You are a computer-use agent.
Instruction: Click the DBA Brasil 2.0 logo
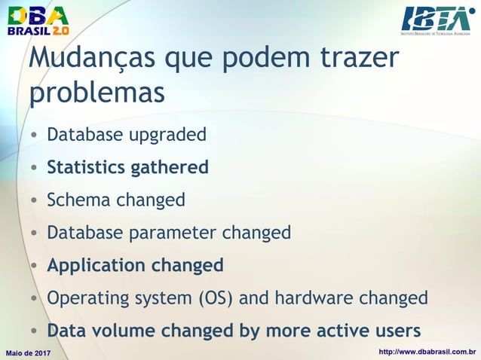pos(38,20)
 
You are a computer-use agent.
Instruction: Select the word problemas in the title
pos(97,93)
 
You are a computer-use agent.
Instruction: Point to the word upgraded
pos(167,136)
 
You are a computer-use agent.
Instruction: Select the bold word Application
pos(97,266)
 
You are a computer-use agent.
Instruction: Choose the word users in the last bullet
pos(396,331)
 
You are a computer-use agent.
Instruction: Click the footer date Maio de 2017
pos(28,352)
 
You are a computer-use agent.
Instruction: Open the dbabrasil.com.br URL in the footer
pos(427,352)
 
